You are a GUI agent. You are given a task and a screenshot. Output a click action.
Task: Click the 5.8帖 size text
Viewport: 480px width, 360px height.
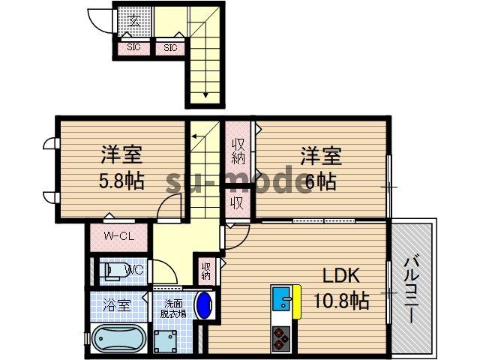click(x=120, y=181)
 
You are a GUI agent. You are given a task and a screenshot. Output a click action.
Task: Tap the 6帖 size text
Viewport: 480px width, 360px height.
click(x=320, y=181)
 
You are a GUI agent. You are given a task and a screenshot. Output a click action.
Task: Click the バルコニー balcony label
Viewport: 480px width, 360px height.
click(x=412, y=289)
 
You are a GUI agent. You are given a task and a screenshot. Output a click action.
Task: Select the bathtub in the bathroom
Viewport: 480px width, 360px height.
click(x=116, y=338)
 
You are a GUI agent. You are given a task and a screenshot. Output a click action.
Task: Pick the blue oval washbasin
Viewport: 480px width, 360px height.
click(x=204, y=305)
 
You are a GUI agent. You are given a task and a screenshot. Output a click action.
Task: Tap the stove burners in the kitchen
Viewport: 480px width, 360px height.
click(x=281, y=338)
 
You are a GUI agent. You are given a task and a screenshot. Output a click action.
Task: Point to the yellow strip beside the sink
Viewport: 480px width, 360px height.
click(x=296, y=298)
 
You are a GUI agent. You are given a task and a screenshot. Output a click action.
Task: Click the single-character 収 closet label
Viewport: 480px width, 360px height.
click(x=236, y=202)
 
